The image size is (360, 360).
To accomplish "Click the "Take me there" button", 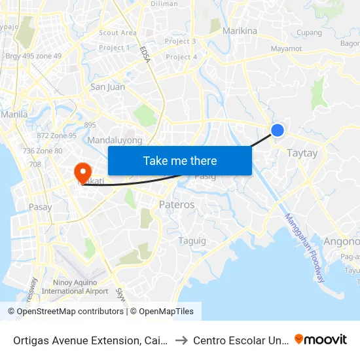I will pyautogui.click(x=180, y=160).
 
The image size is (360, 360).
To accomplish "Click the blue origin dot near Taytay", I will pyautogui.click(x=278, y=130).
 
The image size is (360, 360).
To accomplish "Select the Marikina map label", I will pyautogui.click(x=240, y=31).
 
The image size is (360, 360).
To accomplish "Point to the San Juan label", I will pyautogui.click(x=107, y=86).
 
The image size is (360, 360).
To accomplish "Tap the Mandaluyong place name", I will pyautogui.click(x=115, y=140).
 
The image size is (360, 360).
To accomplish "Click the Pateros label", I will pyautogui.click(x=177, y=205).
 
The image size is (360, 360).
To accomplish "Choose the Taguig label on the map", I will pyautogui.click(x=192, y=241).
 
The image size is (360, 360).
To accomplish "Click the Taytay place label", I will pyautogui.click(x=302, y=153).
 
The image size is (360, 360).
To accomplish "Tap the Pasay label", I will pyautogui.click(x=40, y=207).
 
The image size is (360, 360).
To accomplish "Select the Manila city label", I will pyautogui.click(x=14, y=114).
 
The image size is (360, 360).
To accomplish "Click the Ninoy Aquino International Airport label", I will pyautogui.click(x=80, y=287).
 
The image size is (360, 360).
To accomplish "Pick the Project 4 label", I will pyautogui.click(x=181, y=57).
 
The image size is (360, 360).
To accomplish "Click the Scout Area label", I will pyautogui.click(x=118, y=33).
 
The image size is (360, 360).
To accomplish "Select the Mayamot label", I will pyautogui.click(x=286, y=48).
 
